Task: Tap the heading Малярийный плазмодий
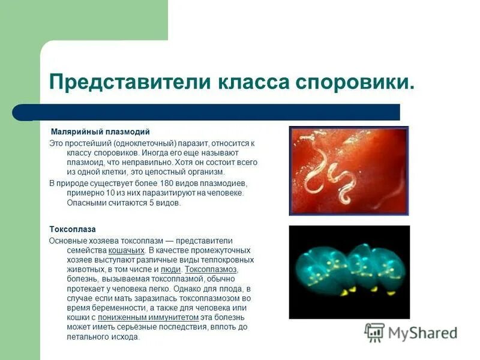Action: click(x=100, y=131)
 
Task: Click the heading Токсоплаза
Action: click(x=72, y=229)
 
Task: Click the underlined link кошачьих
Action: click(x=127, y=250)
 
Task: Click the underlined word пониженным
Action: click(x=122, y=317)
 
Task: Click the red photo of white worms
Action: click(x=349, y=170)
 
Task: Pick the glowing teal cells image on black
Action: click(x=349, y=272)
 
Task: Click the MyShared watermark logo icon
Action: click(x=374, y=332)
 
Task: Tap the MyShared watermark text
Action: click(x=422, y=333)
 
